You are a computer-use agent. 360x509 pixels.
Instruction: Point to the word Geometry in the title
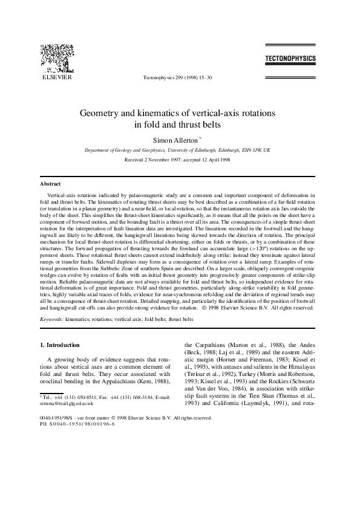coord(101,114)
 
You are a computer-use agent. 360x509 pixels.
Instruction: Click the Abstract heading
coord(50,183)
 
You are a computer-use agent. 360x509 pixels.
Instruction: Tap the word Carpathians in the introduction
coord(212,346)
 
